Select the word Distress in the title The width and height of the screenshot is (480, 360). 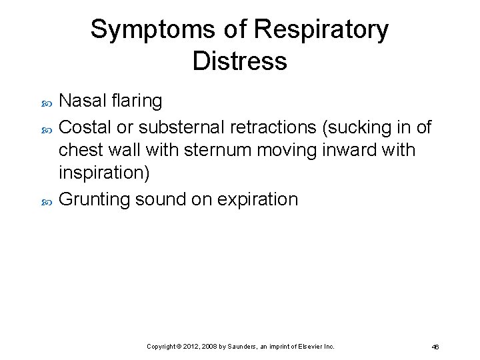pos(239,61)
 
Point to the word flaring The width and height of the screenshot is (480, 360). pos(137,101)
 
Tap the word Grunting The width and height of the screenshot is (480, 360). pos(94,199)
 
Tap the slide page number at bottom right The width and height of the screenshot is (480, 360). pos(435,347)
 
